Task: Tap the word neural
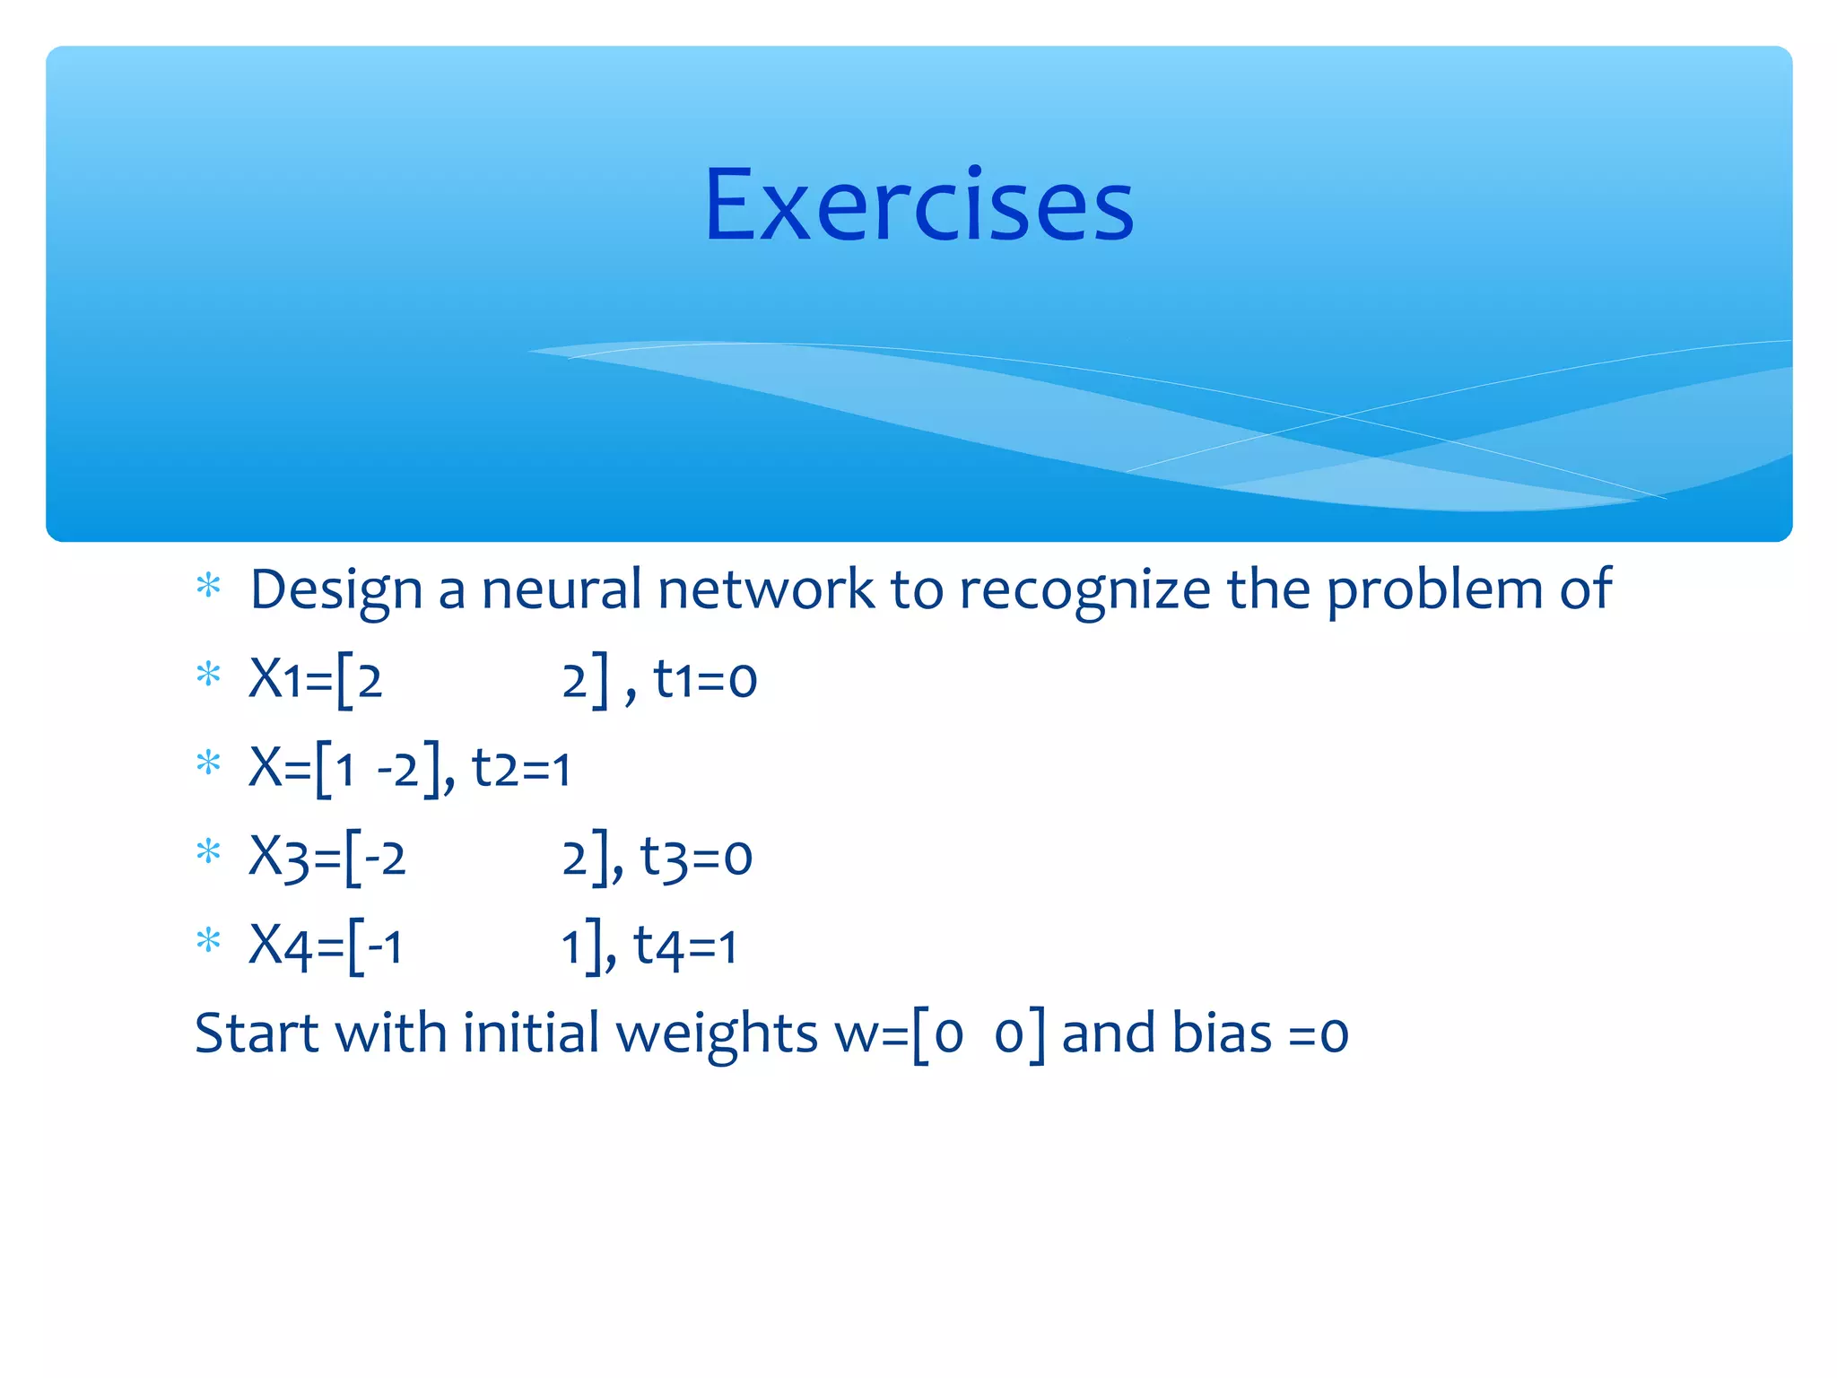(x=562, y=590)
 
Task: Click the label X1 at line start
(x=275, y=678)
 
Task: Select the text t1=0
(x=705, y=679)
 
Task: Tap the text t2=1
(x=521, y=768)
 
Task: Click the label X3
(x=278, y=857)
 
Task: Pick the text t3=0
(x=696, y=857)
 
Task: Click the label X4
(x=279, y=946)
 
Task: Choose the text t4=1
(x=685, y=946)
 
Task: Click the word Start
(x=256, y=1033)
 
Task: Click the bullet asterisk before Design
(x=208, y=587)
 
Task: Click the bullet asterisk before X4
(x=208, y=941)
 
